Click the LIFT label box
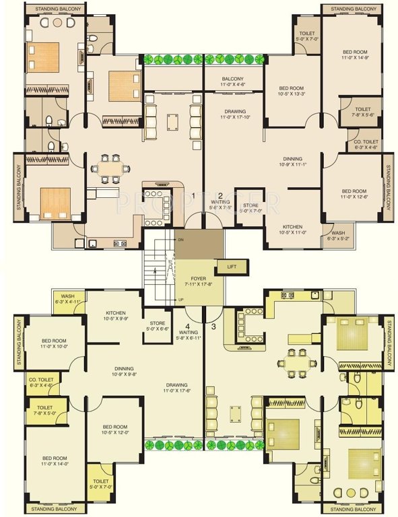pos(232,267)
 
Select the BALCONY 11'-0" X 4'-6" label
pos(232,82)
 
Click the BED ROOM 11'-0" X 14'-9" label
pos(355,55)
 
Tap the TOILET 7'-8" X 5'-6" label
pos(362,111)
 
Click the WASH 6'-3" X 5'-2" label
pos(337,235)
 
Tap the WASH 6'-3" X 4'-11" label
pos(68,299)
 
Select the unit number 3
pos(213,327)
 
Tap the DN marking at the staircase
pos(180,240)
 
